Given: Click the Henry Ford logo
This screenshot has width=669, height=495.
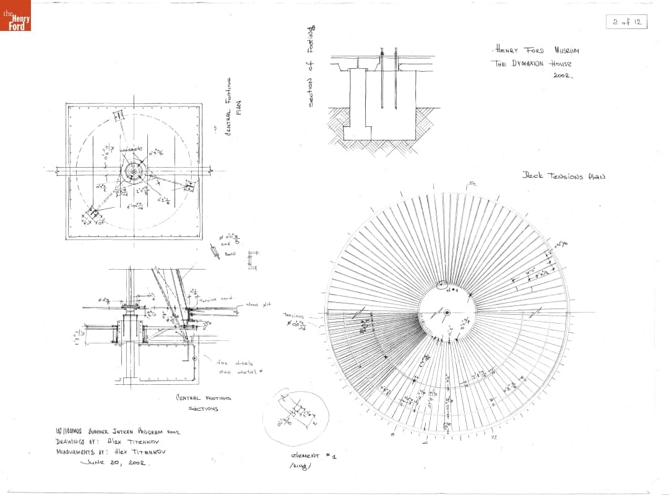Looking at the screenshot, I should click(15, 17).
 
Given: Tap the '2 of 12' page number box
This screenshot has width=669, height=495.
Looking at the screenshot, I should click(626, 22).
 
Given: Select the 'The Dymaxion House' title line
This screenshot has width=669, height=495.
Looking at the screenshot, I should click(532, 63).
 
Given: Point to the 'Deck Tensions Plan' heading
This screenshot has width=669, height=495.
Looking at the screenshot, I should click(563, 176).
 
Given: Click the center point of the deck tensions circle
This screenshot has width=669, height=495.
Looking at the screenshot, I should click(446, 312).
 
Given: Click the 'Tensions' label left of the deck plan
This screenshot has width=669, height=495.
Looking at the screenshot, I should click(294, 315).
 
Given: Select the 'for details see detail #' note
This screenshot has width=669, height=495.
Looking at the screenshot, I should click(235, 367).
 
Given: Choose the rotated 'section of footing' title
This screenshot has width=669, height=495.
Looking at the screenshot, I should click(312, 67).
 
